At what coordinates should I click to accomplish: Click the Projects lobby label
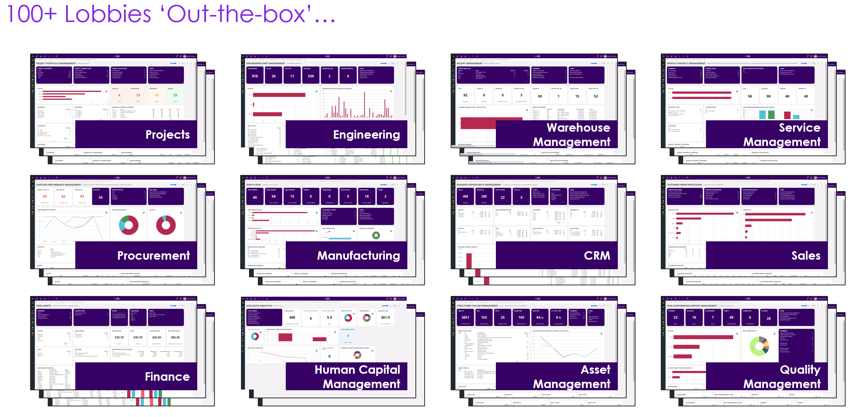[x=167, y=135]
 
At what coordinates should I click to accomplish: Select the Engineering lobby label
[x=366, y=135]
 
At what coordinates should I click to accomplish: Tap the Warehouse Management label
[x=572, y=135]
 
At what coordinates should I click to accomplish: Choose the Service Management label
[x=782, y=135]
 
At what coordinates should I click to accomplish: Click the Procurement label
[x=154, y=256]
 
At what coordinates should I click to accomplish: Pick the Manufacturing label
[x=359, y=256]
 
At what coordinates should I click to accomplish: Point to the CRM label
[x=597, y=256]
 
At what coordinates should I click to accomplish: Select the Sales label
[x=806, y=256]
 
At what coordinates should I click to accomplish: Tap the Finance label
[x=167, y=377]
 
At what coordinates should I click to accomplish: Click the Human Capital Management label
[x=357, y=377]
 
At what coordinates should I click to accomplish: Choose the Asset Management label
[x=572, y=377]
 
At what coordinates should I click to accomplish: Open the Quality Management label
[x=782, y=377]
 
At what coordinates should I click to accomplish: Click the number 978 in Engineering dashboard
[x=255, y=76]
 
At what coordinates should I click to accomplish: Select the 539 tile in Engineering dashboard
[x=311, y=76]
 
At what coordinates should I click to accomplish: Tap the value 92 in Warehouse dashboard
[x=465, y=95]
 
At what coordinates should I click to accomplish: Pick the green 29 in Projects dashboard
[x=175, y=95]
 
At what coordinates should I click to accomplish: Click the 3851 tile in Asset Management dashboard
[x=465, y=318]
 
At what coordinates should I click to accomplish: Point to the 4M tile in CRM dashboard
[x=465, y=197]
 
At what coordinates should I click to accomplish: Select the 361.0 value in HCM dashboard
[x=385, y=318]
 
